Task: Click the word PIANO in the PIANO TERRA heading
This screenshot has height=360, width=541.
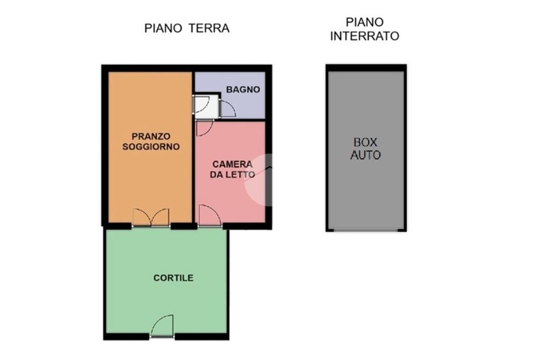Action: coord(163,29)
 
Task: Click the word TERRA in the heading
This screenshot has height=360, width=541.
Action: coord(209,29)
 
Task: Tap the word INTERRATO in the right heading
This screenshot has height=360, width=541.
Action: coord(365,36)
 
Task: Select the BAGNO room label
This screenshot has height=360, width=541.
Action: coord(243,90)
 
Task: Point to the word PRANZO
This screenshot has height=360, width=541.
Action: coord(151,137)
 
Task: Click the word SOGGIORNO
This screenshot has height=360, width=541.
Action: coord(151,147)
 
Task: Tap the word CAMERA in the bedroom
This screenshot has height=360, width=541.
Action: coord(232,164)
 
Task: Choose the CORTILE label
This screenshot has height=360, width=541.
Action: coord(173,278)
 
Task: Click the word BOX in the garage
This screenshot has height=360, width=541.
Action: coord(366,143)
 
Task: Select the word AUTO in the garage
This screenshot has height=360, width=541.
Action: coord(366,155)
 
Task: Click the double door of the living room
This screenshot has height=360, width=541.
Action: coord(151,217)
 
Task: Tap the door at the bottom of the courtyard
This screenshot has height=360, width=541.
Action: coord(162,326)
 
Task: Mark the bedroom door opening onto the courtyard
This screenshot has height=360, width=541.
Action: coord(210,216)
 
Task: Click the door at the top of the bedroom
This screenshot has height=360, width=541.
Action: coord(205,128)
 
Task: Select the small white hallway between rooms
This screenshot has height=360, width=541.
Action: coord(206,107)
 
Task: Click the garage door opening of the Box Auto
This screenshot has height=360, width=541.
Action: coord(366,230)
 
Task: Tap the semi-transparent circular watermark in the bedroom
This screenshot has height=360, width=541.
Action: coord(258,179)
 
